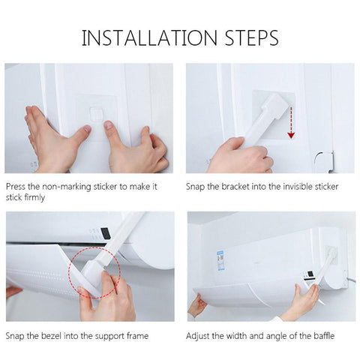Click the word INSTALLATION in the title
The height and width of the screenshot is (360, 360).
coord(149,37)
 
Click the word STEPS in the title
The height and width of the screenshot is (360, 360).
coord(251,37)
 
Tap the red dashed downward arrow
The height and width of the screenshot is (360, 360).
coord(291,122)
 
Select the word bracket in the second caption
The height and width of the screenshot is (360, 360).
coord(235,187)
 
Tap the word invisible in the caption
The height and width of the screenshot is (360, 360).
coord(293,187)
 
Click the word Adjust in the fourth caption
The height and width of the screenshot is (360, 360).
coord(197,336)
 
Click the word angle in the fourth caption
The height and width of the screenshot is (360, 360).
coord(277,336)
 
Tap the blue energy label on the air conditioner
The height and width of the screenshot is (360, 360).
coord(220,261)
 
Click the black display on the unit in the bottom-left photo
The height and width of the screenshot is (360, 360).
coord(106,232)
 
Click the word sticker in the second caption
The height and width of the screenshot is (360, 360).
coord(326,187)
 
